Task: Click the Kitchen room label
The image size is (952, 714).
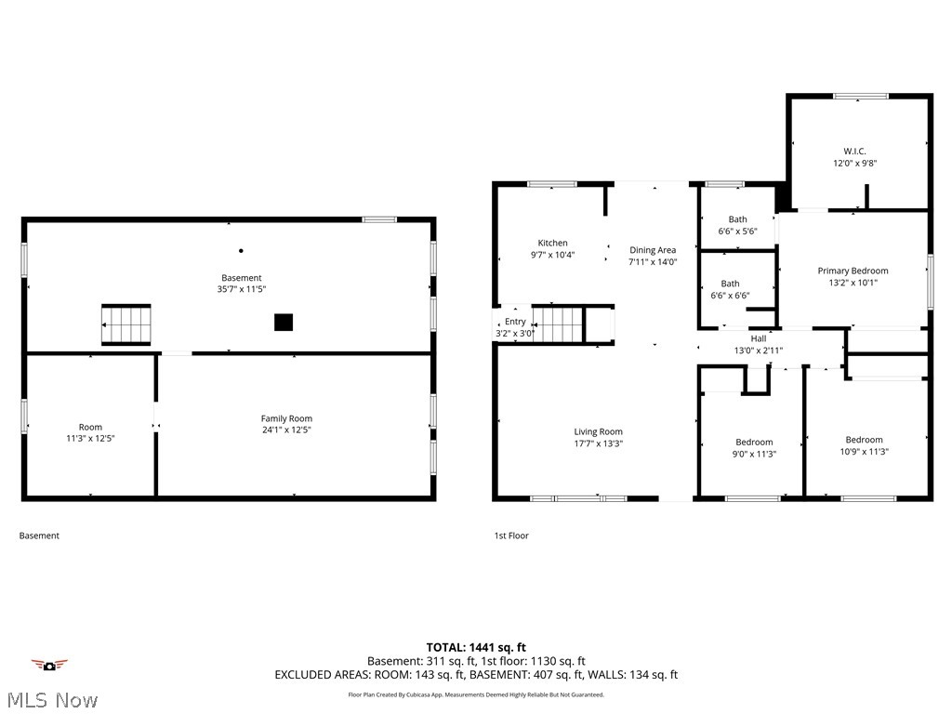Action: point(552,244)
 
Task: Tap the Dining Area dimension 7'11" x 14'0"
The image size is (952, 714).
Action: point(653,262)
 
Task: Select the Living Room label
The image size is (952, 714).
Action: point(598,431)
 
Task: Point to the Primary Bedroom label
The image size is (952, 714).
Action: point(853,271)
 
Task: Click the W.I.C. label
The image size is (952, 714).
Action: point(854,151)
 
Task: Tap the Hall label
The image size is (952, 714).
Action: point(758,338)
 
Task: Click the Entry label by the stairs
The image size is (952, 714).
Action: point(515,322)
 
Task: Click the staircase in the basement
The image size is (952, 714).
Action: point(126,324)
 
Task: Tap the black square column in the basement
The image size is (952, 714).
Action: point(284,323)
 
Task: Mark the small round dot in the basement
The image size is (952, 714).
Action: point(241,250)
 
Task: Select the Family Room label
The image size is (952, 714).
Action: point(286,418)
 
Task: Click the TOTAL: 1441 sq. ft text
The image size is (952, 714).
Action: point(476,647)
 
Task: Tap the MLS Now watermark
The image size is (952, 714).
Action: point(51,700)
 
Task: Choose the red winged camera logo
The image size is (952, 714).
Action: point(49,664)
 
